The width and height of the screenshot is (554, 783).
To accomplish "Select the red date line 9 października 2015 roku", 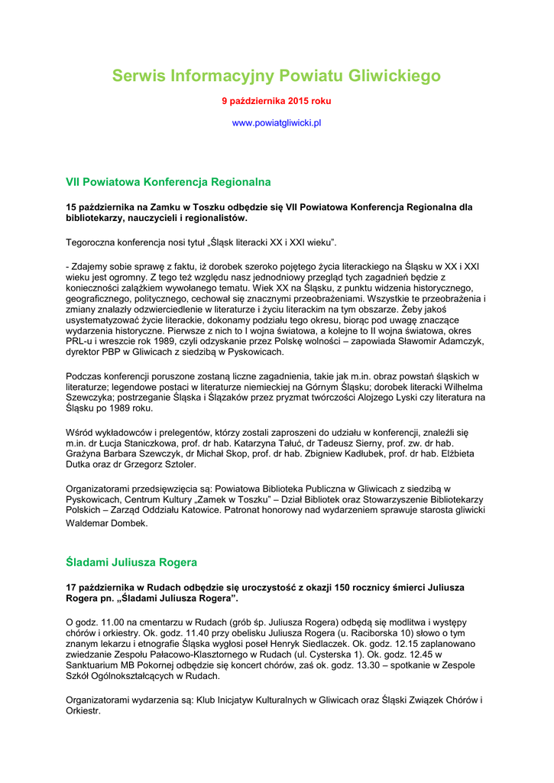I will [277, 100].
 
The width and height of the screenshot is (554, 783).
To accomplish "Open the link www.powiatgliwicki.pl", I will [277, 122].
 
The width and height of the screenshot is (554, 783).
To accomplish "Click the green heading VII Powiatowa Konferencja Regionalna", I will [168, 182].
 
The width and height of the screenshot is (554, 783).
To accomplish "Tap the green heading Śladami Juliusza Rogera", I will [131, 562].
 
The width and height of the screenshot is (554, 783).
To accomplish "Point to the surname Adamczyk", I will [455, 341].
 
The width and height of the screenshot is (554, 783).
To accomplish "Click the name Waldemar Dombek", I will [107, 524].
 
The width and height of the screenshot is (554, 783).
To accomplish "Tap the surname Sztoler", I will [176, 464].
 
